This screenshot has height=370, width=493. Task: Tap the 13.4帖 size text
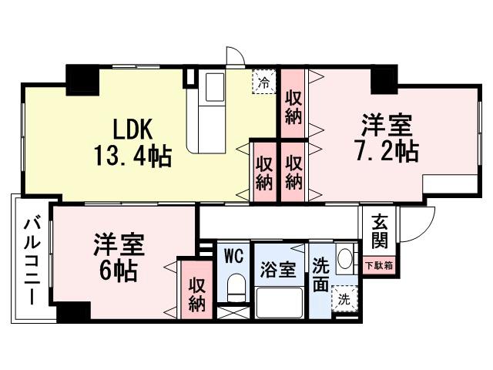(132, 156)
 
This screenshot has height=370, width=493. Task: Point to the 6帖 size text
(115, 271)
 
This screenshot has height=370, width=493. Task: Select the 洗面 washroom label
(320, 271)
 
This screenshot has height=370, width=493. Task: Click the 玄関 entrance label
(379, 230)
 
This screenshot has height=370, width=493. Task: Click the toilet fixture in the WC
(236, 291)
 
